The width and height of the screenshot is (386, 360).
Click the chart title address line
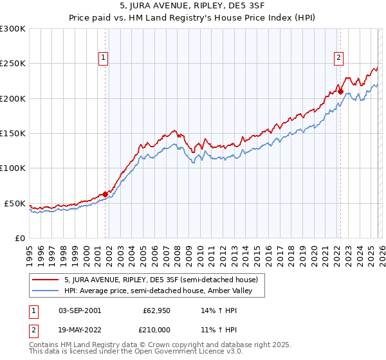(193, 5)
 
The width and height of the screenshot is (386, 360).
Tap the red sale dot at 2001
(105, 194)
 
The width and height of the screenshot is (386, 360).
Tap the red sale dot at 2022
(340, 91)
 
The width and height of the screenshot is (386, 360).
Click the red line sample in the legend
(46, 280)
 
